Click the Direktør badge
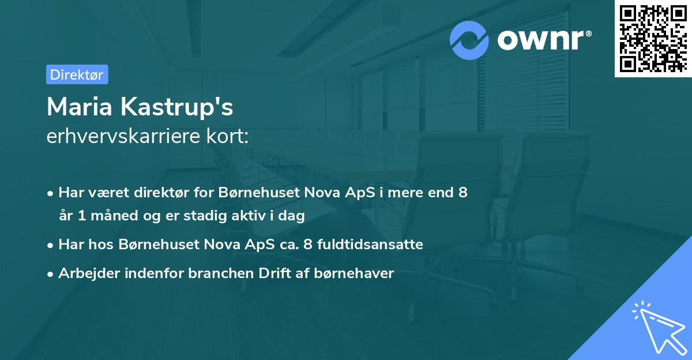coord(77,74)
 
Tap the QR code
coord(653,39)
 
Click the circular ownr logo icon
coord(469,40)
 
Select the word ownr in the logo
coord(540,40)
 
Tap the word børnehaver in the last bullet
coord(362,273)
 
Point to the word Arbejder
coord(86,273)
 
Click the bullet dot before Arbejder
coord(51,274)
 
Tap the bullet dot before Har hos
coord(51,245)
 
